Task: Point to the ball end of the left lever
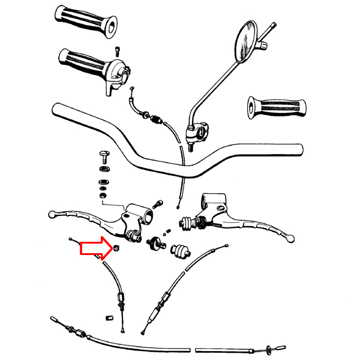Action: coord(52,213)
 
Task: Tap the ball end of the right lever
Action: coord(291,238)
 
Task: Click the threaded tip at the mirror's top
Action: coord(274,25)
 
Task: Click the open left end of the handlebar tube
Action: coord(56,109)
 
